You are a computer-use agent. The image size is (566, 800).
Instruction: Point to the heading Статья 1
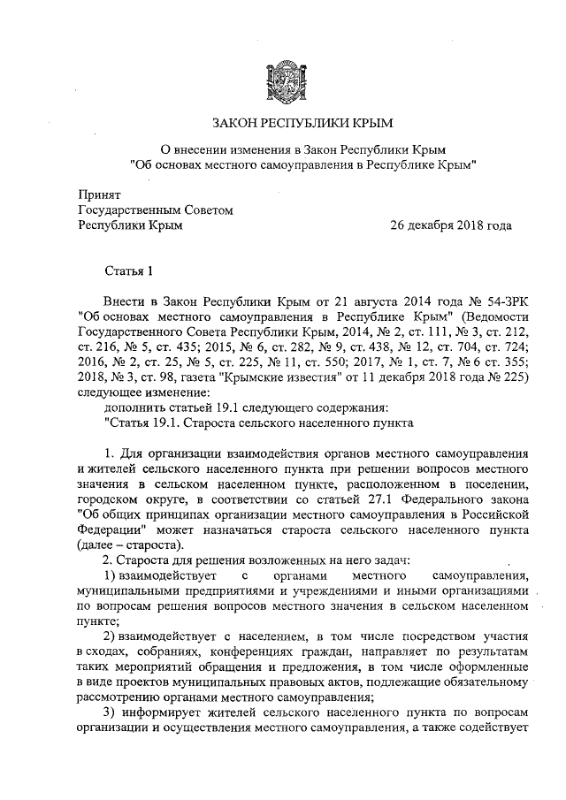point(129,270)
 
